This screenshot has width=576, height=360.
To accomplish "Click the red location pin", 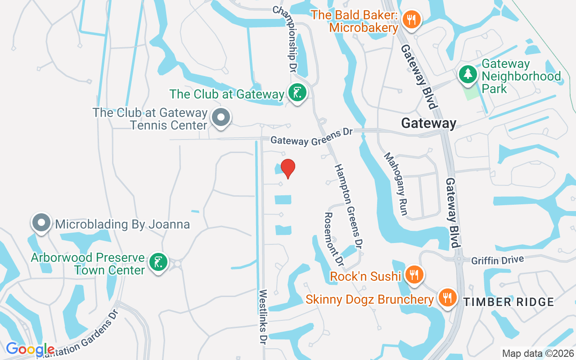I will pos(288,168).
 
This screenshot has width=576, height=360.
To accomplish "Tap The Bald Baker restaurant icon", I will pos(411,19).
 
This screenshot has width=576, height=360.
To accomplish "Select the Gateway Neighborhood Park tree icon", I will pos(468,73).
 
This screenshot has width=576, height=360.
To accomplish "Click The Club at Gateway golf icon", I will pos(297,94).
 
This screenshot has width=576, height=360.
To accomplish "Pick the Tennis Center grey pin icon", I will pos(220,118).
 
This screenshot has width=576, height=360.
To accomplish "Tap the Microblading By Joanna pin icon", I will pos(41,223).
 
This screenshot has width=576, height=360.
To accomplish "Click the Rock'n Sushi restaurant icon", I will pos(413,274).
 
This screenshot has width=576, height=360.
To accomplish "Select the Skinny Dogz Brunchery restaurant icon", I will pos(447,298).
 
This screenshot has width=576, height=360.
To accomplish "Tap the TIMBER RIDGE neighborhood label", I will pos(508,302).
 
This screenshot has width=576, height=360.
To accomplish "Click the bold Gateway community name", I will pos(428,123).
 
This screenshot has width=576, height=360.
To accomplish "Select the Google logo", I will pos(30,349).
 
